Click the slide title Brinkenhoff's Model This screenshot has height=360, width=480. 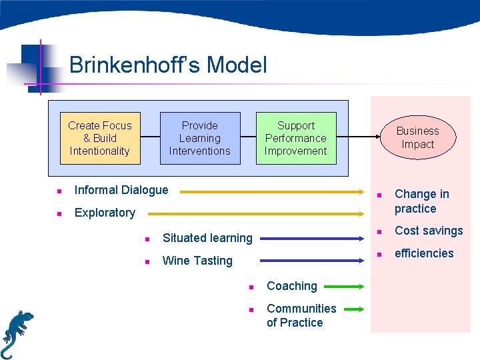point(168,65)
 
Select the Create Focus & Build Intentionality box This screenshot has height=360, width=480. point(100,138)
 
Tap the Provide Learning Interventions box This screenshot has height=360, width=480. point(199,138)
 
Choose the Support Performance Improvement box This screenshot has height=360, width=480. point(296,138)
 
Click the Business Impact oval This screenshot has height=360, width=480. point(418,137)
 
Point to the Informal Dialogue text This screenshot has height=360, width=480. point(121,190)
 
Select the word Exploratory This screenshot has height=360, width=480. point(105,213)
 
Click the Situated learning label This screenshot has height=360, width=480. point(207,238)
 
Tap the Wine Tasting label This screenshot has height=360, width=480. point(197,261)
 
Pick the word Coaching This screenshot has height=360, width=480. point(291,286)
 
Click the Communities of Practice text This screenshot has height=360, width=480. point(301,315)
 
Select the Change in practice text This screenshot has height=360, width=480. point(421,201)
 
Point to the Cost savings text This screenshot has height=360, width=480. point(428,231)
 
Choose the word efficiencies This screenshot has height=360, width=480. point(423,253)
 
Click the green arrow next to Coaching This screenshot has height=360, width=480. point(344,287)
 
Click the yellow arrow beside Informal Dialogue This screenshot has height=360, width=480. point(273,192)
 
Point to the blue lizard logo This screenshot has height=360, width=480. point(16,333)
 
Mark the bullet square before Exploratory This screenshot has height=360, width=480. point(60,214)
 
